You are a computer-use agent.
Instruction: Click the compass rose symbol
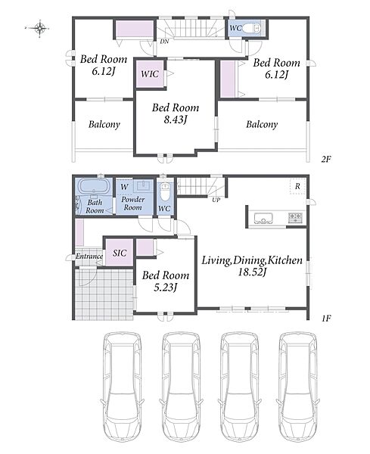click(x=40, y=29)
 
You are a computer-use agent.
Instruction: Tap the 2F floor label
click(x=326, y=159)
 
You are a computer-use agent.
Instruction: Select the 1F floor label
click(x=326, y=319)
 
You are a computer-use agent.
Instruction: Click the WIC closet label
click(x=150, y=74)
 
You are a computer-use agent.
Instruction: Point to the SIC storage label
click(x=120, y=253)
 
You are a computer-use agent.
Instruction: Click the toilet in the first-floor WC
click(x=165, y=193)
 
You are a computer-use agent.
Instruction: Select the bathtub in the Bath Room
click(x=95, y=186)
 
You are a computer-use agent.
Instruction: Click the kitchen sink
click(x=263, y=218)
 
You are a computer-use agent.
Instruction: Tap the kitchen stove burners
click(x=295, y=217)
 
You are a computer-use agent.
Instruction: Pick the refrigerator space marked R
click(x=297, y=187)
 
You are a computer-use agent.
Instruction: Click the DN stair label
click(x=164, y=42)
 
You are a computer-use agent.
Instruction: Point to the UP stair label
click(x=216, y=200)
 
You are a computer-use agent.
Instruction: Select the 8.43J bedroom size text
click(x=176, y=120)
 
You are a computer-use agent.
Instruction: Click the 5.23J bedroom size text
click(x=165, y=287)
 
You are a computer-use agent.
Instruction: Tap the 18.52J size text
click(x=252, y=272)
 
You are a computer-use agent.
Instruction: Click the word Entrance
click(x=89, y=257)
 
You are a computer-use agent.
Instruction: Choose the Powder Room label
click(x=133, y=204)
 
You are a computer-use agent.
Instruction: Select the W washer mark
click(x=124, y=187)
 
